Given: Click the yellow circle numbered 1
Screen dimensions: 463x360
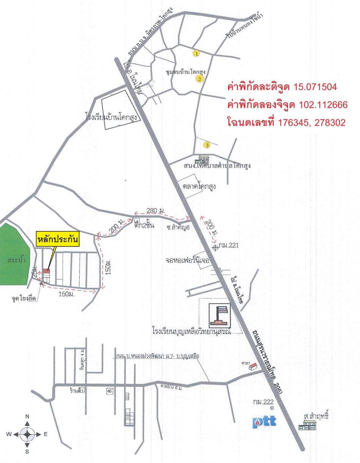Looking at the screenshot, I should coord(196,53).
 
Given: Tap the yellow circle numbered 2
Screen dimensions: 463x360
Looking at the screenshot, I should coord(199,79).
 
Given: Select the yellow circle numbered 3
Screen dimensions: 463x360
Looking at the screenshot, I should coord(207,145).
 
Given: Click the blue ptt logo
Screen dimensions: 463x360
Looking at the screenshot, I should coord(264,422).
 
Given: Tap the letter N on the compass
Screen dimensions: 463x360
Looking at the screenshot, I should coord(27,416).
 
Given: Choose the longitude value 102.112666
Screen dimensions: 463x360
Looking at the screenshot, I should coord(323,105).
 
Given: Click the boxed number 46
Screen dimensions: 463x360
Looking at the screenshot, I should coord(110,391).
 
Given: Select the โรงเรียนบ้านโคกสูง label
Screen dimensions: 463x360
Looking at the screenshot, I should coord(113,118).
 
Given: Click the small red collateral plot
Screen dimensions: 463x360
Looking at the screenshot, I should coord(46,271).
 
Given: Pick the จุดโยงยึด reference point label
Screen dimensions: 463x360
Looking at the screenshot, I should coord(24,298).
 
